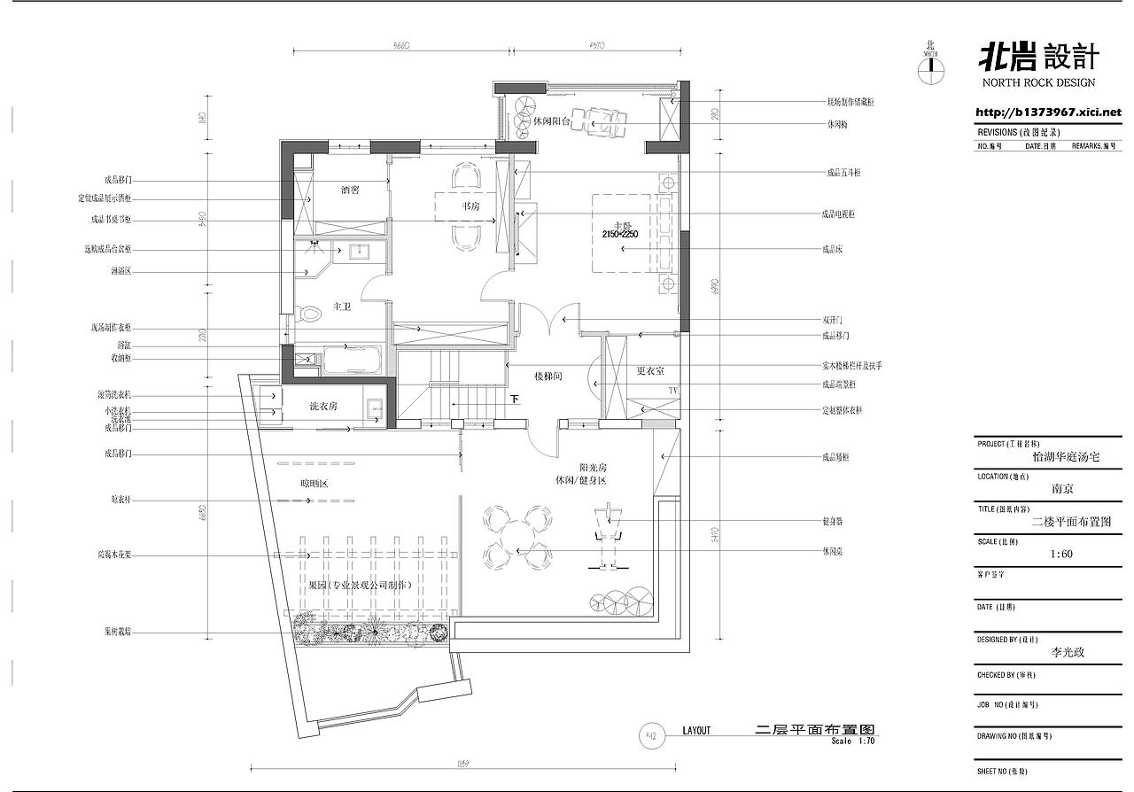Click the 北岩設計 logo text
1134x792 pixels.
point(1037,58)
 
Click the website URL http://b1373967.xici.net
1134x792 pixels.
point(1047,113)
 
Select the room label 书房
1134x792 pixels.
point(470,206)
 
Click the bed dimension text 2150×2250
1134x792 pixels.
point(620,234)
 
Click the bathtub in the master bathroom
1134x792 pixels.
point(352,361)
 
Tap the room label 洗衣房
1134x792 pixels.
point(322,406)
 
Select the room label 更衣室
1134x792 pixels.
point(651,370)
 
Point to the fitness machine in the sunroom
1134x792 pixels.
point(608,535)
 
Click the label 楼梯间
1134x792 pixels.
point(548,377)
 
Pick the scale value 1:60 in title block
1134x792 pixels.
point(1060,555)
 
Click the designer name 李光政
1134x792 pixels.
point(1066,652)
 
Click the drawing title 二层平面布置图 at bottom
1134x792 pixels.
point(813,729)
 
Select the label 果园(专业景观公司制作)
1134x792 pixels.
point(361,586)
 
